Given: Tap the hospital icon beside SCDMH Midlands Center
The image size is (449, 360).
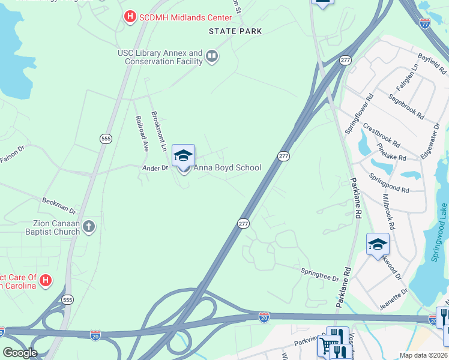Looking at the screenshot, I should coord(130,17).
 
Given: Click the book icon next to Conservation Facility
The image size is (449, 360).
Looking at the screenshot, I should coord(211,57).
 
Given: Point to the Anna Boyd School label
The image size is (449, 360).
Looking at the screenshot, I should coord(227,168).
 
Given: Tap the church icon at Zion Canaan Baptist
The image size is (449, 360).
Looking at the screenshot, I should coord(89,226).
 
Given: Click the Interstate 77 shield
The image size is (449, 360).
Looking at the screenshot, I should coord(425,24).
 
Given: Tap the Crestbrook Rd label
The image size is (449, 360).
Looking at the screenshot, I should coord(381,135).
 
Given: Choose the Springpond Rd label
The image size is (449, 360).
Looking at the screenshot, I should coord(389,182).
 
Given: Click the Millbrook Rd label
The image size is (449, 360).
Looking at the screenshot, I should coord(389,212).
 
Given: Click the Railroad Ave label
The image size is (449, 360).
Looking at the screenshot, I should coord(142,133).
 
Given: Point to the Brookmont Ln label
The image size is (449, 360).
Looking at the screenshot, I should coord(159,130).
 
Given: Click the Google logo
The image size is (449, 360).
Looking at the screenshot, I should coord(20,353).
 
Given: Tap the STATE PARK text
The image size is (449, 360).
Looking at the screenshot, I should coord(235,31).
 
